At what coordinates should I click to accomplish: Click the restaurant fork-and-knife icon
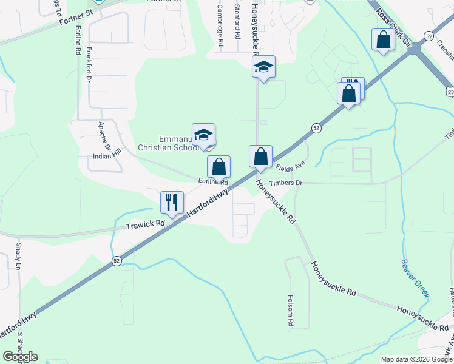point(172,202)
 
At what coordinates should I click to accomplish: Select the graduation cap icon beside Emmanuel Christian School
point(203,135)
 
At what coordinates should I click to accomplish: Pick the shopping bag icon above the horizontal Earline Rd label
point(219,167)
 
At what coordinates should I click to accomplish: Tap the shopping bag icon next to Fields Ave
point(260,157)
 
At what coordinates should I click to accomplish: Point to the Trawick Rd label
point(146,225)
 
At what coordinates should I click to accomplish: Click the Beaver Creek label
point(415,278)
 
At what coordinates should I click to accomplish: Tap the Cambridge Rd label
point(221,27)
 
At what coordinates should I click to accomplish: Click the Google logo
point(20,357)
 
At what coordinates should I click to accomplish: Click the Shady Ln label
point(18,257)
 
